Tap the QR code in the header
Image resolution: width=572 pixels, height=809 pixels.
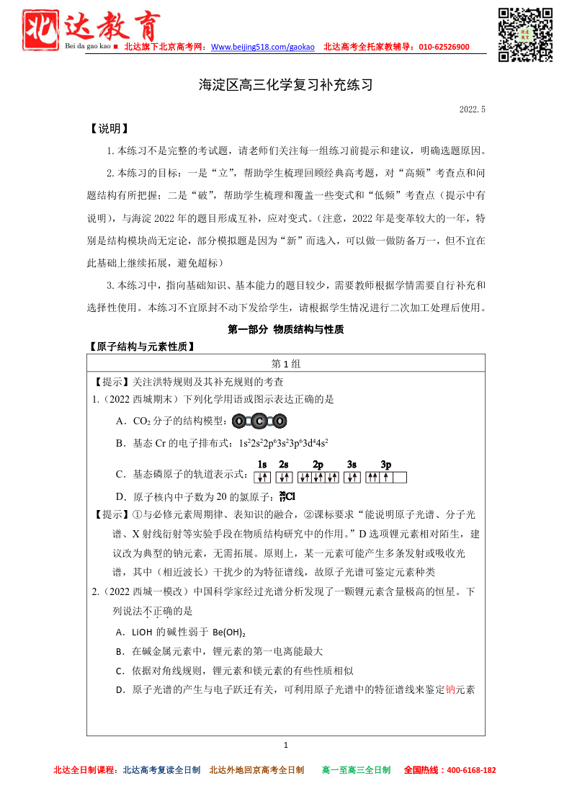525,34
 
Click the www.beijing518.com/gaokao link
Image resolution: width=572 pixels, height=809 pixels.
263,47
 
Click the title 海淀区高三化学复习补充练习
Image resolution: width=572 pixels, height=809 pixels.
286,85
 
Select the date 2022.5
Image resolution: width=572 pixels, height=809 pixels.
473,109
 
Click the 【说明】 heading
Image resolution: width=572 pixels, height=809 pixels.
108,129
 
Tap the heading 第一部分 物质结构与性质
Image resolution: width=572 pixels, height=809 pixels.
286,329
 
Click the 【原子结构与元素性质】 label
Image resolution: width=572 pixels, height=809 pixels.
141,347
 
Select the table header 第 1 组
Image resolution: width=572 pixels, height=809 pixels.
286,364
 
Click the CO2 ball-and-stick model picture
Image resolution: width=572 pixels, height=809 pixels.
259,421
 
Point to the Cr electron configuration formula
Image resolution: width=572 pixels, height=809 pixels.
284,443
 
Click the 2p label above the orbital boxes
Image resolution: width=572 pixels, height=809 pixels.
318,465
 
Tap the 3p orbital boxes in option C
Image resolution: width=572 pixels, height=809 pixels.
386,477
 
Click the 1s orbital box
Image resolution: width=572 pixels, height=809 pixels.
262,477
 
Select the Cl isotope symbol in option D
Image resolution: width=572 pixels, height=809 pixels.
287,496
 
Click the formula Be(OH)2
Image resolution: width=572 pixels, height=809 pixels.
229,633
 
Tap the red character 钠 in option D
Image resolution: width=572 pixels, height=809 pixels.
451,689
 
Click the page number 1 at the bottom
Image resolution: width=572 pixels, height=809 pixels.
286,745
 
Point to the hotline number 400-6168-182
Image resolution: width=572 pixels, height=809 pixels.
471,770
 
